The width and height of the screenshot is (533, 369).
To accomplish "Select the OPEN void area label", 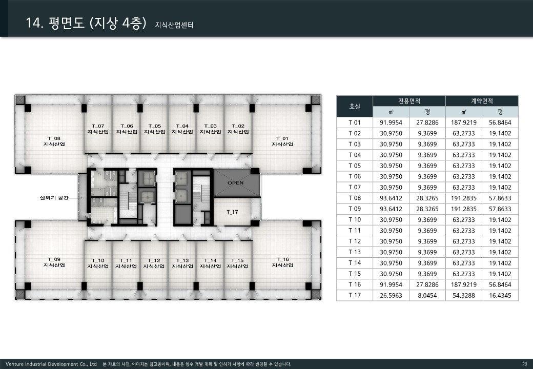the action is pyautogui.click(x=236, y=183).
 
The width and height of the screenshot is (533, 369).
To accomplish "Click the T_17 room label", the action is pyautogui.click(x=233, y=212).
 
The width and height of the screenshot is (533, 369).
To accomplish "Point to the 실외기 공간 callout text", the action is pyautogui.click(x=54, y=198).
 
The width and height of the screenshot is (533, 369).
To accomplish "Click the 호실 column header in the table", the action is pyautogui.click(x=355, y=107).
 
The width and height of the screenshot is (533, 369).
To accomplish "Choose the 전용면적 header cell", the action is pyautogui.click(x=409, y=101).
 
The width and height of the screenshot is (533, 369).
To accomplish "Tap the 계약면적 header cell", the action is pyautogui.click(x=482, y=101).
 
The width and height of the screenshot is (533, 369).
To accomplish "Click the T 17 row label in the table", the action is pyautogui.click(x=355, y=295).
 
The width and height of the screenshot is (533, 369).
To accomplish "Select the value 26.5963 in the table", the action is pyautogui.click(x=391, y=296).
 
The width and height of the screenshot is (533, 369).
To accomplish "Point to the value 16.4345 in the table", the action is pyautogui.click(x=500, y=296).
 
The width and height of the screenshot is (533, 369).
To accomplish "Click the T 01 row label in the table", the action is pyautogui.click(x=355, y=122).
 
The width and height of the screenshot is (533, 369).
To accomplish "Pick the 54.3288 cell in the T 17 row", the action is pyautogui.click(x=464, y=296).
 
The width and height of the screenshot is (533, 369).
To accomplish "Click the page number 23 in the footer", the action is pyautogui.click(x=525, y=364).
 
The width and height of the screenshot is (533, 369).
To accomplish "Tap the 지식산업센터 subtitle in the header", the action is pyautogui.click(x=174, y=25).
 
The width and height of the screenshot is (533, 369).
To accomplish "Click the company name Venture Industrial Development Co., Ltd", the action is pyautogui.click(x=51, y=364).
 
